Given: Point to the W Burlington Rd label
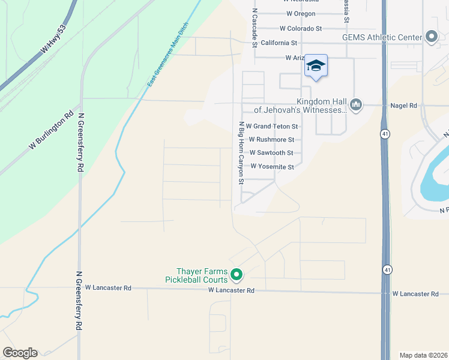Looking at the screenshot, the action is click(x=51, y=130).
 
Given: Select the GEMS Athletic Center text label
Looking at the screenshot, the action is click(x=382, y=37).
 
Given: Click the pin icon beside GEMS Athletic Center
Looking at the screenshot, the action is click(x=432, y=37).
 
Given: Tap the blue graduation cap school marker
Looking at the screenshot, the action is click(x=316, y=66).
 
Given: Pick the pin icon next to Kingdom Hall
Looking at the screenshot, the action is click(x=356, y=106).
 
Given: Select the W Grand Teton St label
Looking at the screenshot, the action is click(x=272, y=127).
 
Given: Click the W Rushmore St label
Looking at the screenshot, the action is click(x=271, y=140).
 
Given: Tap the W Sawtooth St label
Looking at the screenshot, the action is click(x=271, y=153).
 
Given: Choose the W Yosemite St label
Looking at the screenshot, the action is click(x=272, y=167).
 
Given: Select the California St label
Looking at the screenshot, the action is click(x=279, y=43).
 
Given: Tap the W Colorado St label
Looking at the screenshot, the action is click(x=301, y=28).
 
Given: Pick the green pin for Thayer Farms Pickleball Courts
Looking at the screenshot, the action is click(x=237, y=275).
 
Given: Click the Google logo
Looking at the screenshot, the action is click(x=20, y=353).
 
